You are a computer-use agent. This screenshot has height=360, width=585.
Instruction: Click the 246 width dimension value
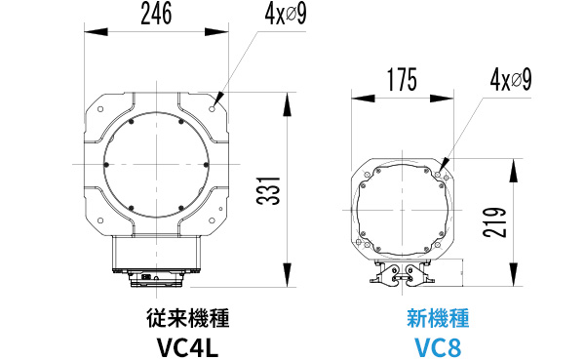(156, 14)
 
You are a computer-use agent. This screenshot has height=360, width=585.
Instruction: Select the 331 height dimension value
(268, 190)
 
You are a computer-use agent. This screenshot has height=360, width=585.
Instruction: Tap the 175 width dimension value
(402, 80)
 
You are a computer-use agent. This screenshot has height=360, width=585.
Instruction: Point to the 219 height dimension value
(494, 222)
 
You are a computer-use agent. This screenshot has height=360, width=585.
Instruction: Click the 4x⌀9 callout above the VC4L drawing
(286, 15)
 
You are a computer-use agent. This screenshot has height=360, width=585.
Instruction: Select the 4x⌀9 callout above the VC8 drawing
(511, 80)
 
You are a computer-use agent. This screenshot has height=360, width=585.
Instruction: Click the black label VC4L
(187, 347)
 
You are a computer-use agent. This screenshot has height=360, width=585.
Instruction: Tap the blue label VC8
(438, 347)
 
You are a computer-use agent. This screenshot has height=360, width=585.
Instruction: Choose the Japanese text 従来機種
(187, 318)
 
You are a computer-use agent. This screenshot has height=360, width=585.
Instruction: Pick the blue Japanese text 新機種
(438, 318)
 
